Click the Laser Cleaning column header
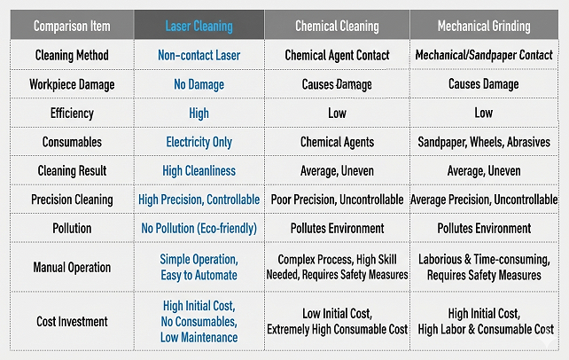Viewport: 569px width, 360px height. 199,26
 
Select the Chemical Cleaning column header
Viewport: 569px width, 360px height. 337,26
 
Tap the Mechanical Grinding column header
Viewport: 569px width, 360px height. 484,26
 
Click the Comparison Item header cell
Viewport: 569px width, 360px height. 72,26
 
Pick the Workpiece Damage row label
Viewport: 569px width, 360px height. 72,84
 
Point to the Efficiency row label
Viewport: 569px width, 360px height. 72,113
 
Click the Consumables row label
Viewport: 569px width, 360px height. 72,142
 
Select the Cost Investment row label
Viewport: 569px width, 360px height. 72,322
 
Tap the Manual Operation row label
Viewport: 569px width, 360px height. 72,268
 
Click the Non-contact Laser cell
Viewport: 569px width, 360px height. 199,55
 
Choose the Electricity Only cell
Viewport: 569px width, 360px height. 199,142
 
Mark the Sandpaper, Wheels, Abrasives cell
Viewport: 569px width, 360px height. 484,142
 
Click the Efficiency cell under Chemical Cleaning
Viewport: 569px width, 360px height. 337,113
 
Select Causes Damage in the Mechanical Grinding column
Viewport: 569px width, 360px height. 484,84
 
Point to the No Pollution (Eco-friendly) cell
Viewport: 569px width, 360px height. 199,228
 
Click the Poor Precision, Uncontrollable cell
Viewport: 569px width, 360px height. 337,200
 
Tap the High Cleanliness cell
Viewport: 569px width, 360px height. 199,171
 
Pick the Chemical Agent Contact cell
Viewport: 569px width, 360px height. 337,55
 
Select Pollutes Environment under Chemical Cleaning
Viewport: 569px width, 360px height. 337,228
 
